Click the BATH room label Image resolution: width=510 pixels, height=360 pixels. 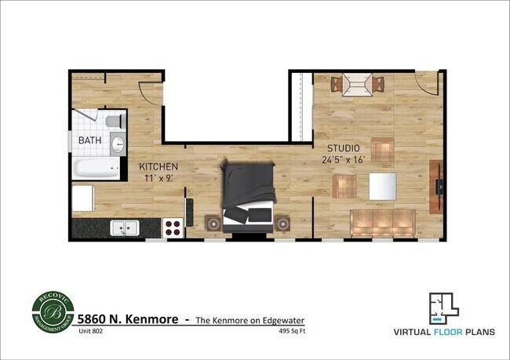click(x=89, y=141)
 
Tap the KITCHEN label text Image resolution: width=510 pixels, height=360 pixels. click(x=158, y=167)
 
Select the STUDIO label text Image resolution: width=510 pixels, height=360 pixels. click(x=344, y=148)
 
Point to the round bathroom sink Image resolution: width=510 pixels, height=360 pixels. click(x=117, y=144)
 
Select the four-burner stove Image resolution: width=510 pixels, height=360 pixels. click(x=173, y=228)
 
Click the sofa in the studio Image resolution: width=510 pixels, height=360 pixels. click(x=382, y=224)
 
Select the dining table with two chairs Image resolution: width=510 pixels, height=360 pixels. click(x=358, y=84)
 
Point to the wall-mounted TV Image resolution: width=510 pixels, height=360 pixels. click(x=438, y=187)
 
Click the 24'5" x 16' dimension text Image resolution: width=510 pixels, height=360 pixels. click(x=344, y=160)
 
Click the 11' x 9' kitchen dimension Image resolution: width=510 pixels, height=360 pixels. click(x=158, y=178)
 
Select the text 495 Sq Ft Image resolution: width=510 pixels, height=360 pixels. click(x=290, y=331)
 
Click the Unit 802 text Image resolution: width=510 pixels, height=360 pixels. click(x=89, y=331)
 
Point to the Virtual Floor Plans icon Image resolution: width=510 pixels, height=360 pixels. click(x=444, y=307)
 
